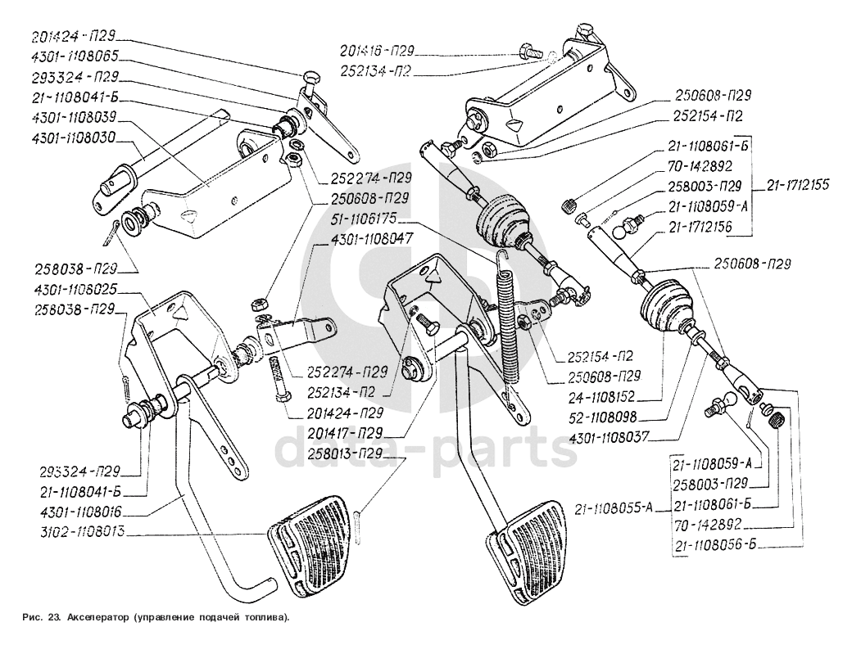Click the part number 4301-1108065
coord(75,57)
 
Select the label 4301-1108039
coord(75,117)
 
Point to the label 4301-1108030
coord(75,137)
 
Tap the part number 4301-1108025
coord(75,291)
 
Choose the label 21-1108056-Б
coord(712,544)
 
